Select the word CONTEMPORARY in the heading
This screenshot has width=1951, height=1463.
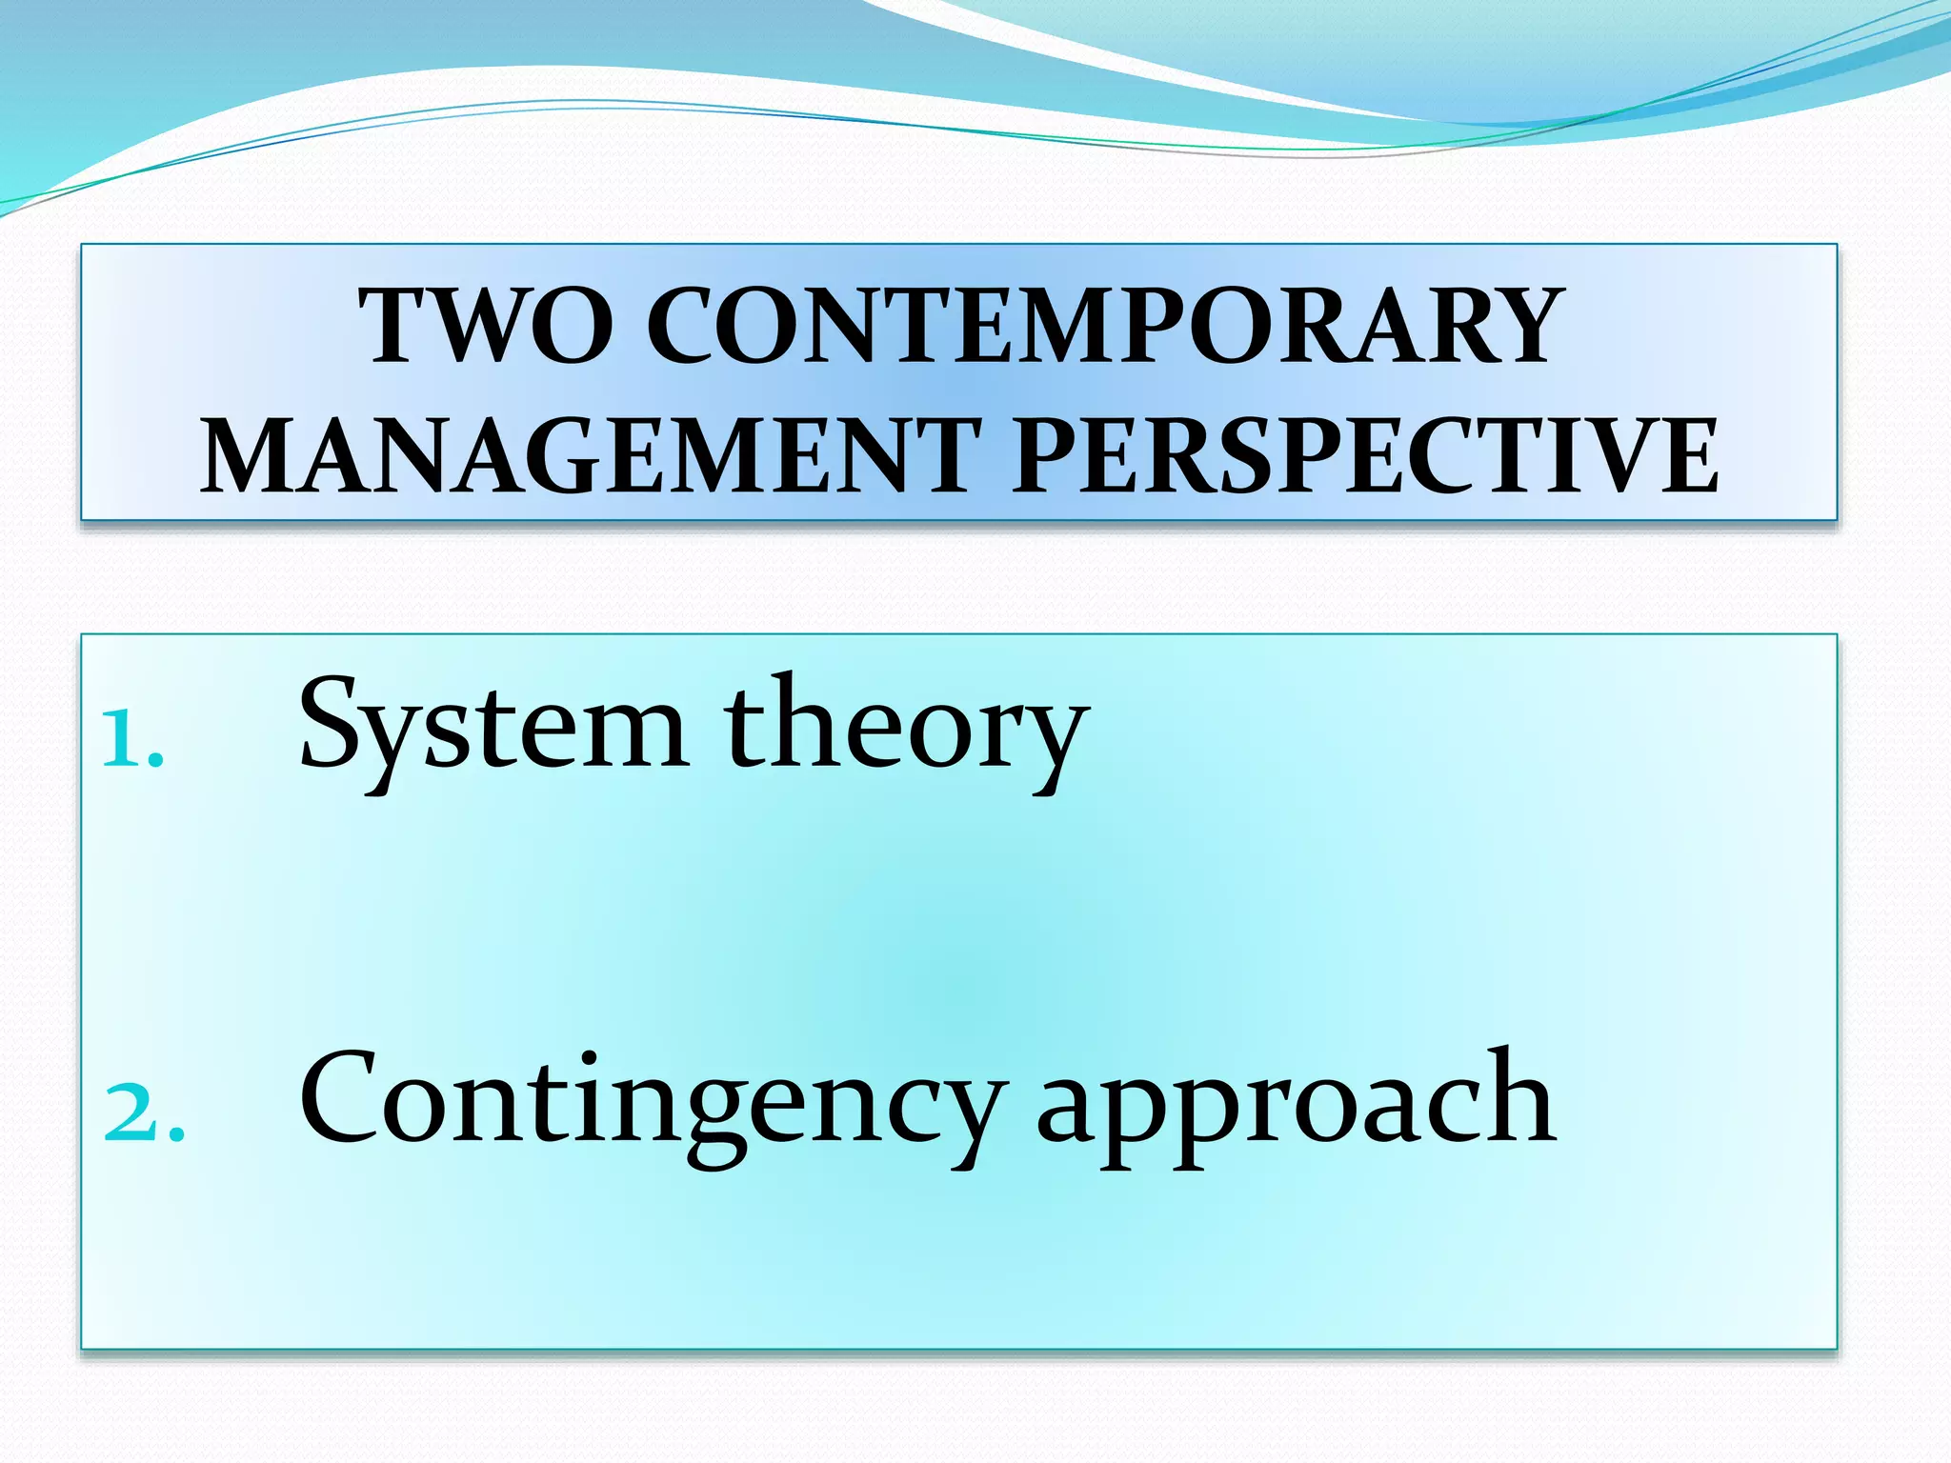1105,326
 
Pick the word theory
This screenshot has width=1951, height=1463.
905,729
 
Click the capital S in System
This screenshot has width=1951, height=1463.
329,724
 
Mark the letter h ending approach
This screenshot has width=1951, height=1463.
1521,1095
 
